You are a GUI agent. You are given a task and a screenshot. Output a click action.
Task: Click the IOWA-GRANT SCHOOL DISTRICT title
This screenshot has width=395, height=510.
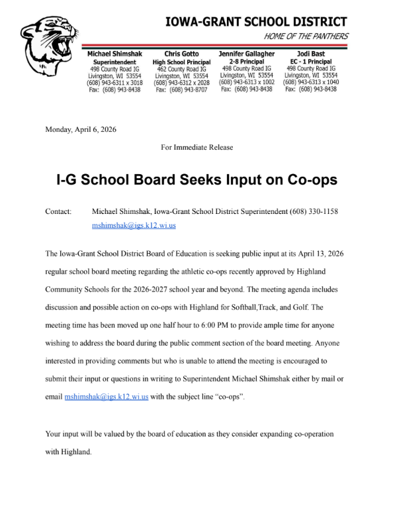[x=257, y=22]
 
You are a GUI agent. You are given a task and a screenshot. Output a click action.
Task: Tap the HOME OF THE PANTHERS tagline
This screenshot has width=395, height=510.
[x=306, y=36]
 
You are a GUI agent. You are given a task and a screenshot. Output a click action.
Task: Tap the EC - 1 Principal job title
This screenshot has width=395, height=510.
[x=310, y=60]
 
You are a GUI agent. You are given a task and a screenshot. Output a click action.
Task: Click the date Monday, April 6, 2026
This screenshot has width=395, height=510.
[x=80, y=129]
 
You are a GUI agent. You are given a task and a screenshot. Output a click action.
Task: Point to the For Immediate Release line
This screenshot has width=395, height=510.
[x=197, y=147]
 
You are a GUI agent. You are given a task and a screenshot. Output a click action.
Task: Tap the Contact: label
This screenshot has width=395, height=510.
[x=58, y=211]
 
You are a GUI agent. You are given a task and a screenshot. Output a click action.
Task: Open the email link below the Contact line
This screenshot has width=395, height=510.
[x=134, y=225]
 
